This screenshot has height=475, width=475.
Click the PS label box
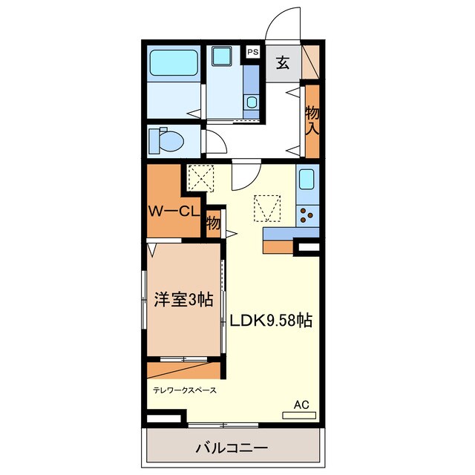click(253, 52)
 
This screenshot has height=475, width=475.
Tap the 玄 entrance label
click(283, 62)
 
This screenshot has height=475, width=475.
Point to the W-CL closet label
click(173, 211)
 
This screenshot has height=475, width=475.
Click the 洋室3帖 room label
click(183, 300)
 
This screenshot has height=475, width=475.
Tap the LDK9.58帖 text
click(270, 321)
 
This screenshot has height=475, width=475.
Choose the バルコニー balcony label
click(232, 448)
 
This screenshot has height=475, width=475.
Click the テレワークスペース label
click(185, 389)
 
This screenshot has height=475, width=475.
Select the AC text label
click(301, 404)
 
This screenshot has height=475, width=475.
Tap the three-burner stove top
click(307, 216)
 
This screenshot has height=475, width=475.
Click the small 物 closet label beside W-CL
click(213, 222)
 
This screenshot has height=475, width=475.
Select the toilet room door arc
click(215, 141)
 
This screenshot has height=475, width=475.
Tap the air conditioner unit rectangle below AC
click(299, 415)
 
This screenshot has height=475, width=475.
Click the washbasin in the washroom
click(252, 102)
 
